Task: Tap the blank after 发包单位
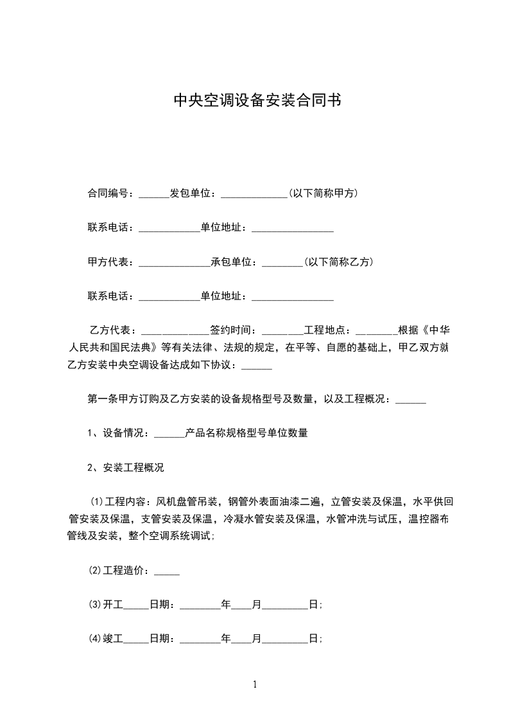pyautogui.click(x=254, y=194)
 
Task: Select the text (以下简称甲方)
pyautogui.click(x=323, y=193)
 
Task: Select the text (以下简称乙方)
pyautogui.click(x=338, y=262)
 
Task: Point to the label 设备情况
pyautogui.click(x=126, y=433)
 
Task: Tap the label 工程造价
pyautogui.click(x=126, y=571)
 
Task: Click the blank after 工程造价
pyautogui.click(x=167, y=572)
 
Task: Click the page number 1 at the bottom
pyautogui.click(x=255, y=684)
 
